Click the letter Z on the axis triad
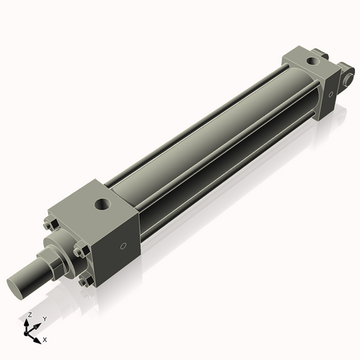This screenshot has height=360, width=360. (x=27, y=315)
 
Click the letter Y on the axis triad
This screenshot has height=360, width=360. (x=45, y=318)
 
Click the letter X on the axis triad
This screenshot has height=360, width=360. (x=45, y=338)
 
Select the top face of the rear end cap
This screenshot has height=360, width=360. (x=302, y=59)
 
